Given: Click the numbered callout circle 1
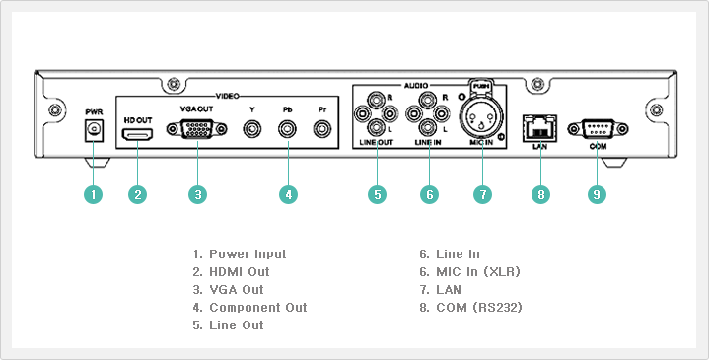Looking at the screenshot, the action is click(x=93, y=195).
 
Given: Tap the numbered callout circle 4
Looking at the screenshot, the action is click(x=289, y=195).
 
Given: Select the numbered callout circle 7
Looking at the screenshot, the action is click(x=482, y=195).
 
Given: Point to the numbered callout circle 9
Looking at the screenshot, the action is click(x=597, y=195).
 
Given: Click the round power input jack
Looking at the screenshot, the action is click(x=94, y=130).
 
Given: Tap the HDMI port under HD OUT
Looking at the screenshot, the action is click(x=137, y=135).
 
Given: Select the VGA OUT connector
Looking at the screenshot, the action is click(x=196, y=129).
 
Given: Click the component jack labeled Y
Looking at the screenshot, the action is click(x=251, y=130).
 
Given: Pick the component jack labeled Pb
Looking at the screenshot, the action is click(x=288, y=130).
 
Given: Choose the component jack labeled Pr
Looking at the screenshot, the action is click(x=322, y=130).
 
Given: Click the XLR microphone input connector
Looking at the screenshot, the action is click(x=481, y=115).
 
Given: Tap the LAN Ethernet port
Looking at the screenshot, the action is click(x=540, y=128).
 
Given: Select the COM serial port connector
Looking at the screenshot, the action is click(x=598, y=129).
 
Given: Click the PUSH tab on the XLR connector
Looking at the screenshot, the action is click(x=481, y=85).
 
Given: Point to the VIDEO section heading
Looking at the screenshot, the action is click(x=228, y=96).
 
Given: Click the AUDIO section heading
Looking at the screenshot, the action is click(x=415, y=85).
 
